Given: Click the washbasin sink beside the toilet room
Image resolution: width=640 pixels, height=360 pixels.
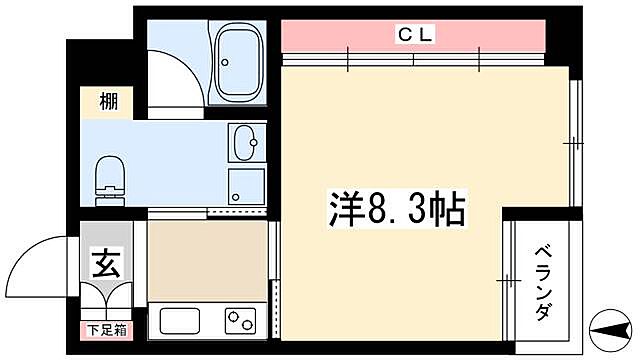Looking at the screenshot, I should [243, 145].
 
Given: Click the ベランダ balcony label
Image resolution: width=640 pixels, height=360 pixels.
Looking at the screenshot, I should [540, 283].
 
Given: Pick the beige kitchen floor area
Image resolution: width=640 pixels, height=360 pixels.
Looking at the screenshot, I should [207, 260].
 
